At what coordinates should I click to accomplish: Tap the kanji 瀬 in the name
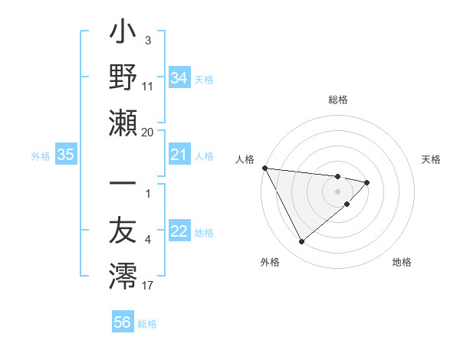(123, 122)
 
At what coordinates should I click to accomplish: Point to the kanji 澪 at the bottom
(123, 275)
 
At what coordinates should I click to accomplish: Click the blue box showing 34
(179, 77)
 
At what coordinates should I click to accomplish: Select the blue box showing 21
(179, 155)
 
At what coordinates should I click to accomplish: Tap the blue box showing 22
(179, 232)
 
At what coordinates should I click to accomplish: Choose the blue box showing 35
(65, 155)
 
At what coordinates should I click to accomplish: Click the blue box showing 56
(122, 322)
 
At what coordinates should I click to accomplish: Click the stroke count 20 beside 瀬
(148, 132)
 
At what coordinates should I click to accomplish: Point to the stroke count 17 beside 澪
(148, 286)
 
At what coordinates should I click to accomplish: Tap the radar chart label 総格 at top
(338, 100)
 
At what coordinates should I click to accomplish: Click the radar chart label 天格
(432, 159)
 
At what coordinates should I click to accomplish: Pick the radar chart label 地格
(402, 263)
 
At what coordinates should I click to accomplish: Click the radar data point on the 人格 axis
(264, 167)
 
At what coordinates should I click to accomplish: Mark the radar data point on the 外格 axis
(301, 242)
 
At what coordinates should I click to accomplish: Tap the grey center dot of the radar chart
(338, 191)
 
